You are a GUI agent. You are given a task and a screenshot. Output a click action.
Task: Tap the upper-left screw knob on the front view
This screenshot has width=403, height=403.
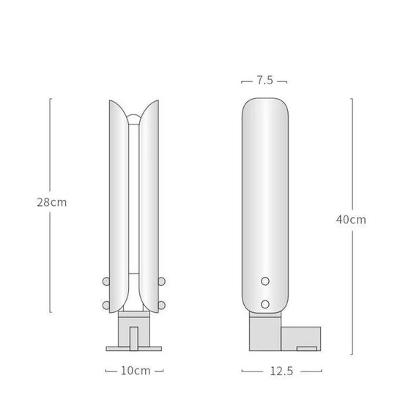(106, 281)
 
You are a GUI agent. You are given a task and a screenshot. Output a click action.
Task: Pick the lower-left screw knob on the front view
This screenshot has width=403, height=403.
(106, 305)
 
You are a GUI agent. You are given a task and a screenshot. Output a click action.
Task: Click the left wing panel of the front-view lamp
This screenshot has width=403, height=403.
(119, 205)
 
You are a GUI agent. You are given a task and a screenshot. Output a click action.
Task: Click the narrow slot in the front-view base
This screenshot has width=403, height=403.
(134, 336)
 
